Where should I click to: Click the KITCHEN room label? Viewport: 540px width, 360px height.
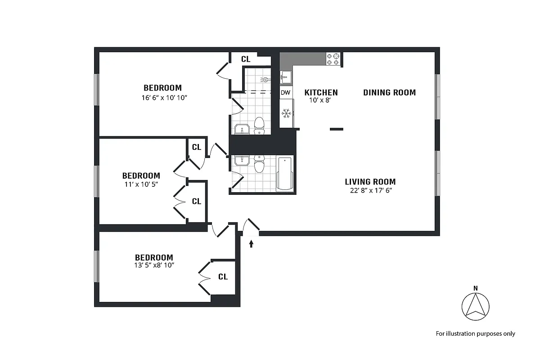click(321, 93)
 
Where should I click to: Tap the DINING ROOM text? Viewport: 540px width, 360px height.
click(389, 93)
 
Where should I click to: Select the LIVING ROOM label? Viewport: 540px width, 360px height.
click(370, 182)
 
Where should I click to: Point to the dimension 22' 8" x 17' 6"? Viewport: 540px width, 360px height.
click(370, 190)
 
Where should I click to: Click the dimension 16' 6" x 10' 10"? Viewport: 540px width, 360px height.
click(162, 97)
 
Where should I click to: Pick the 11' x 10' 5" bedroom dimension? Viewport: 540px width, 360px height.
click(141, 184)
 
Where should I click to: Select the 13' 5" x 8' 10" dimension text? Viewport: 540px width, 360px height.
click(154, 265)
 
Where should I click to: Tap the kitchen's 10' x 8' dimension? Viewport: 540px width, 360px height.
click(320, 101)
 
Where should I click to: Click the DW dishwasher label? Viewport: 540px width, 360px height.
click(286, 93)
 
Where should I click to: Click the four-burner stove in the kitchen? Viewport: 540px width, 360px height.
click(333, 59)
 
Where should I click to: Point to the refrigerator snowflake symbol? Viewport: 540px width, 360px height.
click(286, 114)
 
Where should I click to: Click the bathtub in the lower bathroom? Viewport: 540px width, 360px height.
click(285, 173)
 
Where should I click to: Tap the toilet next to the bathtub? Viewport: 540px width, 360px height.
click(259, 165)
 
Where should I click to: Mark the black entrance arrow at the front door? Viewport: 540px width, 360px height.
click(251, 244)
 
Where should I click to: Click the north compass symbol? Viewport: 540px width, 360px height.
click(475, 306)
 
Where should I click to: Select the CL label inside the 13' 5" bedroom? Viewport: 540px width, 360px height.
click(223, 277)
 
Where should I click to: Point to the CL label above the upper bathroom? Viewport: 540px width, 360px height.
click(246, 59)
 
